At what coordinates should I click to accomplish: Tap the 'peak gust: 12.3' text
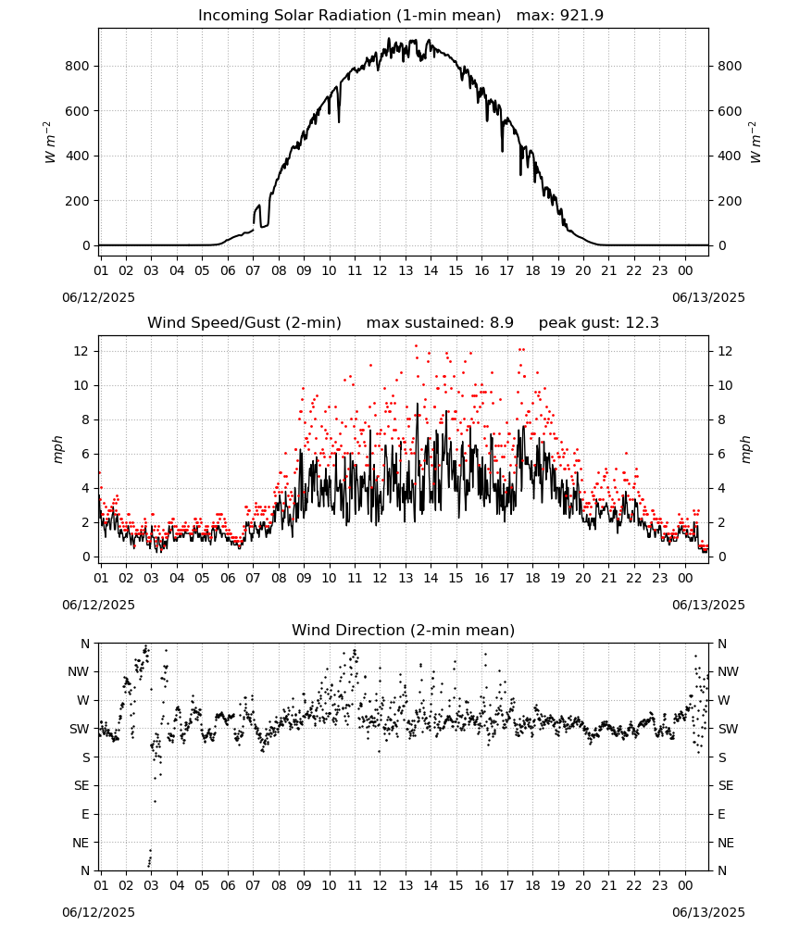pos(599,322)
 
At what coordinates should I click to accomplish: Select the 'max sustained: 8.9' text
pos(440,322)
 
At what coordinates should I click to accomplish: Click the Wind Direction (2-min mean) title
pos(404,630)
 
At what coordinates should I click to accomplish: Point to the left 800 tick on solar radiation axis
pos(78,66)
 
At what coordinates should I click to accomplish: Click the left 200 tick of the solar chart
pos(78,201)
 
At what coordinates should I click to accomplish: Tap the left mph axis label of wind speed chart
pos(57,449)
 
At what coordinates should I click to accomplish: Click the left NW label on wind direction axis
pos(79,671)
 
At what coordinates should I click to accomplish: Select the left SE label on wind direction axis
pos(81,785)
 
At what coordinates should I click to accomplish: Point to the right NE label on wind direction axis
pos(726,843)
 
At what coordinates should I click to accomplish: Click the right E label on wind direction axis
pos(721,814)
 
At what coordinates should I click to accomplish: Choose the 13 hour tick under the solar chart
pos(406,270)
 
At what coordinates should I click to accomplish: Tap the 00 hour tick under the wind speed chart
pos(685,578)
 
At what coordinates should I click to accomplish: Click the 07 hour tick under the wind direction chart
pos(253,885)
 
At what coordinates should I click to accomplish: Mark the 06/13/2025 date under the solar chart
pos(708,297)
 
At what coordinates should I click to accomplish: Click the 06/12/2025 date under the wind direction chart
pos(98,912)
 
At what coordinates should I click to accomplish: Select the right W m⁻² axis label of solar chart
pos(756,143)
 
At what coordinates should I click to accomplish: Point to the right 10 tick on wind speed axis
pos(725,385)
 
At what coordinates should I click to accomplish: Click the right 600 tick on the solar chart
pos(730,111)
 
